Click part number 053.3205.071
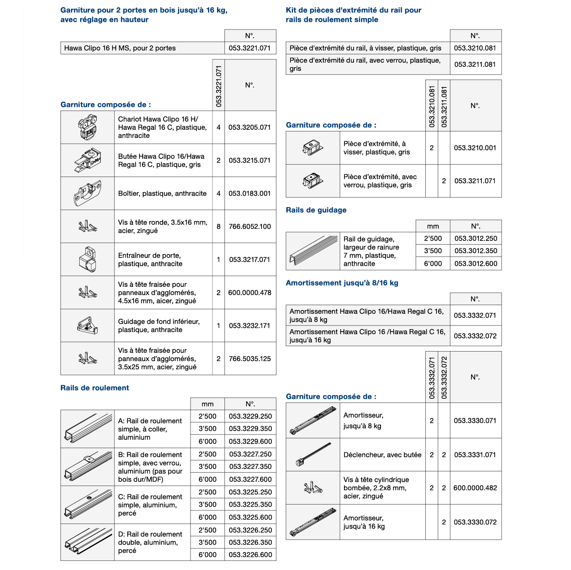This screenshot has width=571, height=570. pyautogui.click(x=249, y=127)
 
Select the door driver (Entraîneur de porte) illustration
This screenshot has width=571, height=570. pyautogui.click(x=88, y=260)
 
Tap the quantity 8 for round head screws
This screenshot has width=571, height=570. pyautogui.click(x=218, y=226)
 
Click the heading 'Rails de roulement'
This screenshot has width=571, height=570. pyautogui.click(x=95, y=388)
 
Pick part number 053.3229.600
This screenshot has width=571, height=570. pyautogui.click(x=250, y=441)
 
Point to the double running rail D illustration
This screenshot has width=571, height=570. pyautogui.click(x=88, y=542)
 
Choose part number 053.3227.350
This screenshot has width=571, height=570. pyautogui.click(x=250, y=466)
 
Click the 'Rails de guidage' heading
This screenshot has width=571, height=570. pyautogui.click(x=316, y=210)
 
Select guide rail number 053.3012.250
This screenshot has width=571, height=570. pyautogui.click(x=476, y=238)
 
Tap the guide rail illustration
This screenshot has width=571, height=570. pyautogui.click(x=313, y=251)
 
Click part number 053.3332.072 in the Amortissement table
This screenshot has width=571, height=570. pyautogui.click(x=475, y=336)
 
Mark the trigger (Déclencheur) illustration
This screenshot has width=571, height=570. pyautogui.click(x=313, y=455)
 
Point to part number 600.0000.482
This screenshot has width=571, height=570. pyautogui.click(x=475, y=488)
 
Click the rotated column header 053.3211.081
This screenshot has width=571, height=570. pyautogui.click(x=444, y=107)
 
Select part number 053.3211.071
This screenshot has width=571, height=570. pyautogui.click(x=475, y=181)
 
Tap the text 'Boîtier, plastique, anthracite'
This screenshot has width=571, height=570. pyautogui.click(x=162, y=194)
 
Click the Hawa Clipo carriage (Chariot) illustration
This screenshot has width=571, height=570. pyautogui.click(x=88, y=127)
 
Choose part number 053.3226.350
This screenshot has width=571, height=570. pyautogui.click(x=250, y=542)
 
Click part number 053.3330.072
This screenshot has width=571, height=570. pyautogui.click(x=475, y=522)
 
